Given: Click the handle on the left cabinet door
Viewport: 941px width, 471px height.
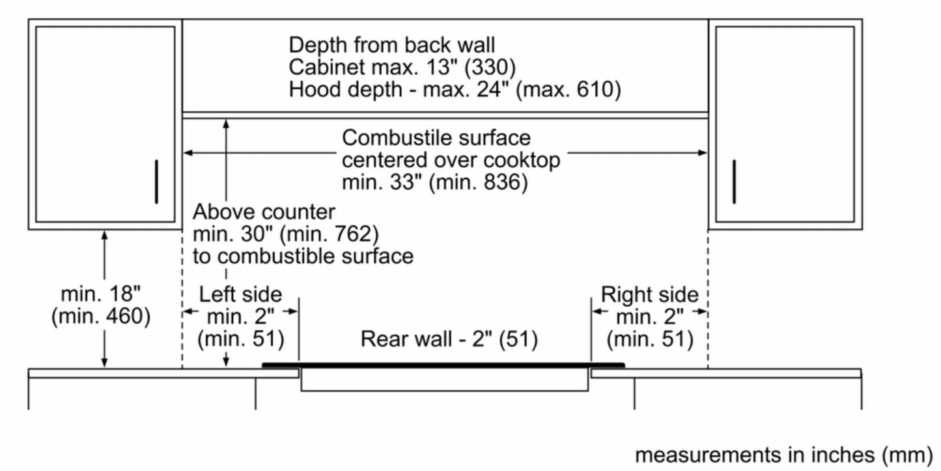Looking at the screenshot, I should click(156, 181).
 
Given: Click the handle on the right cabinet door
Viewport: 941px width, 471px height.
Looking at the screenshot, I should click(734, 181).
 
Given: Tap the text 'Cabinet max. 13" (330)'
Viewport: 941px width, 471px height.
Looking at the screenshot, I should click(403, 67).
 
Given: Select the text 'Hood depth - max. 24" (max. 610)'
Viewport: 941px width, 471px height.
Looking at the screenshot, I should click(455, 89).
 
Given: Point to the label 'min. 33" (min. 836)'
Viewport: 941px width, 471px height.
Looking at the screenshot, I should click(434, 182).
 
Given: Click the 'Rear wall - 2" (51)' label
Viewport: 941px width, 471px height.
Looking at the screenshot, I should click(449, 339).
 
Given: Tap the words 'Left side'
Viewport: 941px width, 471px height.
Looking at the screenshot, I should click(240, 294).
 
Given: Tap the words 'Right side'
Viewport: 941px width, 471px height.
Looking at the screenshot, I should click(649, 295).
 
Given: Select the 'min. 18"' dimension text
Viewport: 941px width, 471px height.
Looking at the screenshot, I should click(101, 294).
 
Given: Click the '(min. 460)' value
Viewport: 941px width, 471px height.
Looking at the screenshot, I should click(101, 317).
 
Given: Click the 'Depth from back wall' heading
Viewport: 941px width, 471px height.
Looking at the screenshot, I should click(392, 45).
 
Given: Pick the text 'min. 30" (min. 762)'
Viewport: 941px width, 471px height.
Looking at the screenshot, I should click(285, 233).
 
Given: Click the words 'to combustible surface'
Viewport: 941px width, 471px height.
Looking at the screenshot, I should click(303, 255).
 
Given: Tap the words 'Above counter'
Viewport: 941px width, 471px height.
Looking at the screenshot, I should click(264, 212).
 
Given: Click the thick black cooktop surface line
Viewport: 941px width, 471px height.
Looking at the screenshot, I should click(443, 365).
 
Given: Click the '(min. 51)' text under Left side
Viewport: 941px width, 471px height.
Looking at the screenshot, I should click(240, 339).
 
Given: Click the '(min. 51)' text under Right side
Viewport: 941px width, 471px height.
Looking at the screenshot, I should click(649, 339).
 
